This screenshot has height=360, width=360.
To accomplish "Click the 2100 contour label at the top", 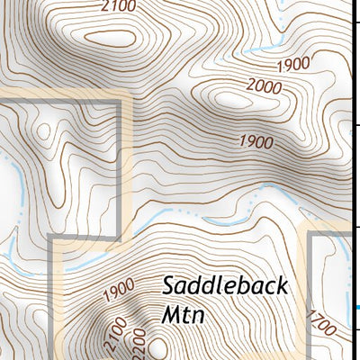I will pos(119,7).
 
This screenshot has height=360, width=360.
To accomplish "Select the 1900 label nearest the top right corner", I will pos(294,64).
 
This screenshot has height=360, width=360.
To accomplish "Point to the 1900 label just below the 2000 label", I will pos(256,141).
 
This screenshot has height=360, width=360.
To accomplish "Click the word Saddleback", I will pos(225,287).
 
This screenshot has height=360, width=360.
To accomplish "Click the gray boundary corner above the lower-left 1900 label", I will pos(50,237).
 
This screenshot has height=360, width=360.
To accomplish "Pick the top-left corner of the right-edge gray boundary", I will pos(310,233).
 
